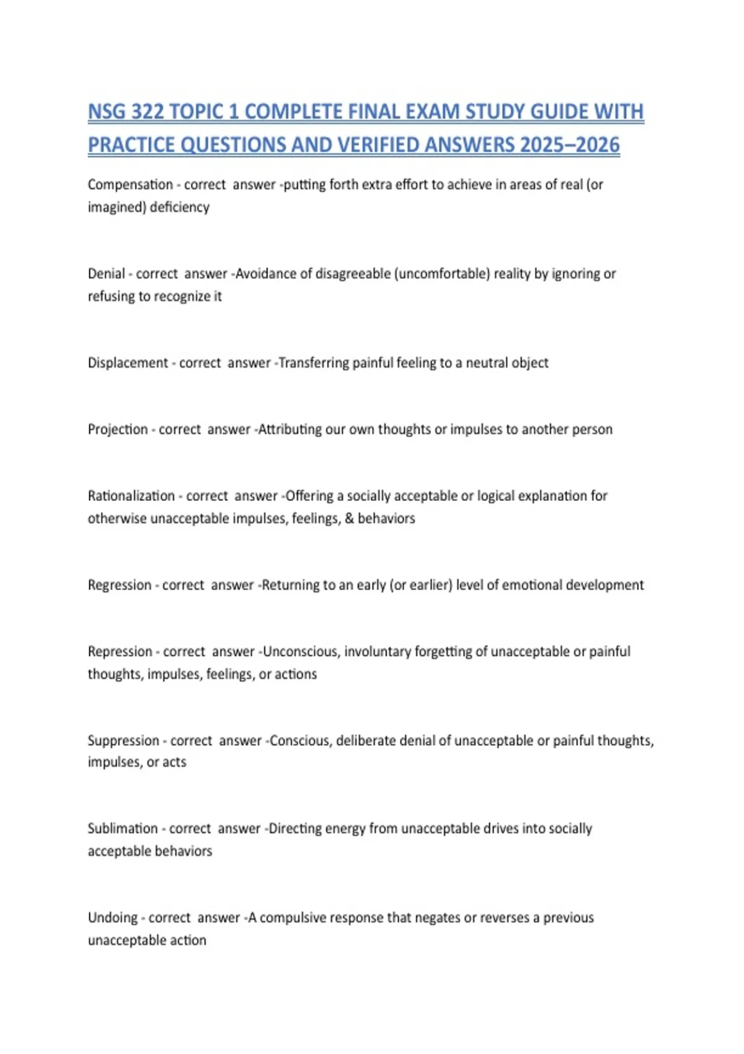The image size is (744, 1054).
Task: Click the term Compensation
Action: click(x=130, y=185)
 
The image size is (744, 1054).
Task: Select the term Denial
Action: click(x=106, y=274)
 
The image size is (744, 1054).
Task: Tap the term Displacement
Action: click(x=128, y=363)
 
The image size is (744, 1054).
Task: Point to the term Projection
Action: click(x=118, y=430)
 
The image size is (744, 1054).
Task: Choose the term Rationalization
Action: click(x=131, y=496)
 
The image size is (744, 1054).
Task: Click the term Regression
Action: click(x=120, y=585)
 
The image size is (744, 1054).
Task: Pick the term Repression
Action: click(x=120, y=652)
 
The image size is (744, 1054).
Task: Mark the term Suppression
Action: click(x=123, y=741)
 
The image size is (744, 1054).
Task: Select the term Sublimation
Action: click(x=123, y=829)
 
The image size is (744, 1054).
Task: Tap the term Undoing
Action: click(x=113, y=918)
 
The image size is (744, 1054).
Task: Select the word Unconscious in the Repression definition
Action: click(x=301, y=652)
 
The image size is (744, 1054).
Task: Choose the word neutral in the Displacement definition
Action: click(x=487, y=363)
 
